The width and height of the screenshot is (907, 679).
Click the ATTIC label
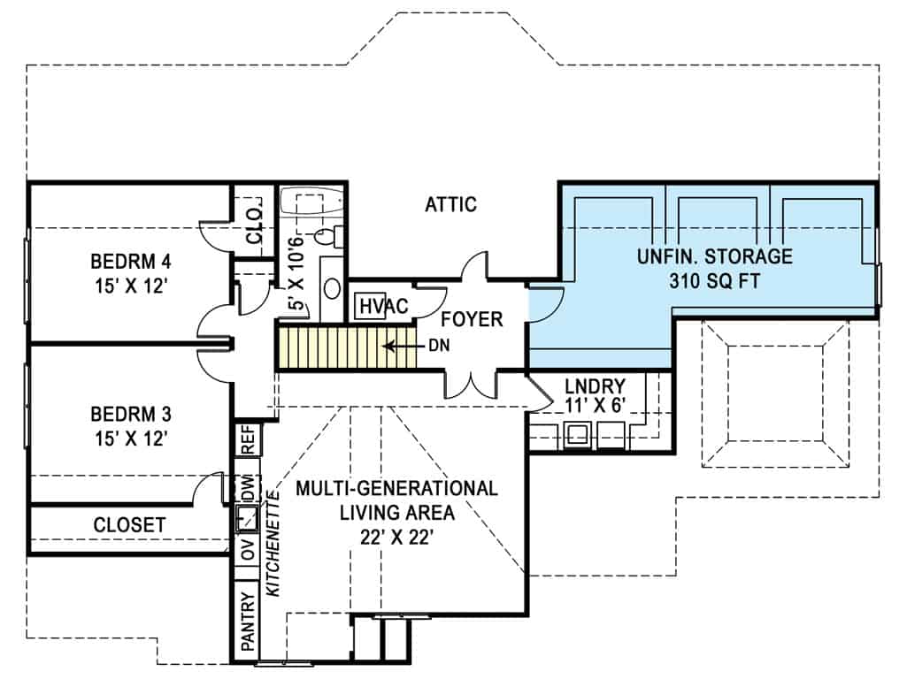click(x=450, y=205)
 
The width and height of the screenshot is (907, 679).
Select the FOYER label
click(x=472, y=319)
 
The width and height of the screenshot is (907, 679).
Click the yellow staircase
click(x=336, y=347)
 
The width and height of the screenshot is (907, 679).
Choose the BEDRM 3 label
click(x=130, y=414)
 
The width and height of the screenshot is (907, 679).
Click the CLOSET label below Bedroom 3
click(x=129, y=525)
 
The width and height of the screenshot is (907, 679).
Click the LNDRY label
click(x=595, y=386)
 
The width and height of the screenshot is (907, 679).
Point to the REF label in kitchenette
click(x=248, y=440)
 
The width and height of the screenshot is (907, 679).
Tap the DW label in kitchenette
click(x=248, y=488)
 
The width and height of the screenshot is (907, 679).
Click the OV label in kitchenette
click(x=248, y=552)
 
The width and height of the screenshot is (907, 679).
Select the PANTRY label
click(x=248, y=618)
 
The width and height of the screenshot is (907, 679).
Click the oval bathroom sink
click(x=333, y=289)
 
